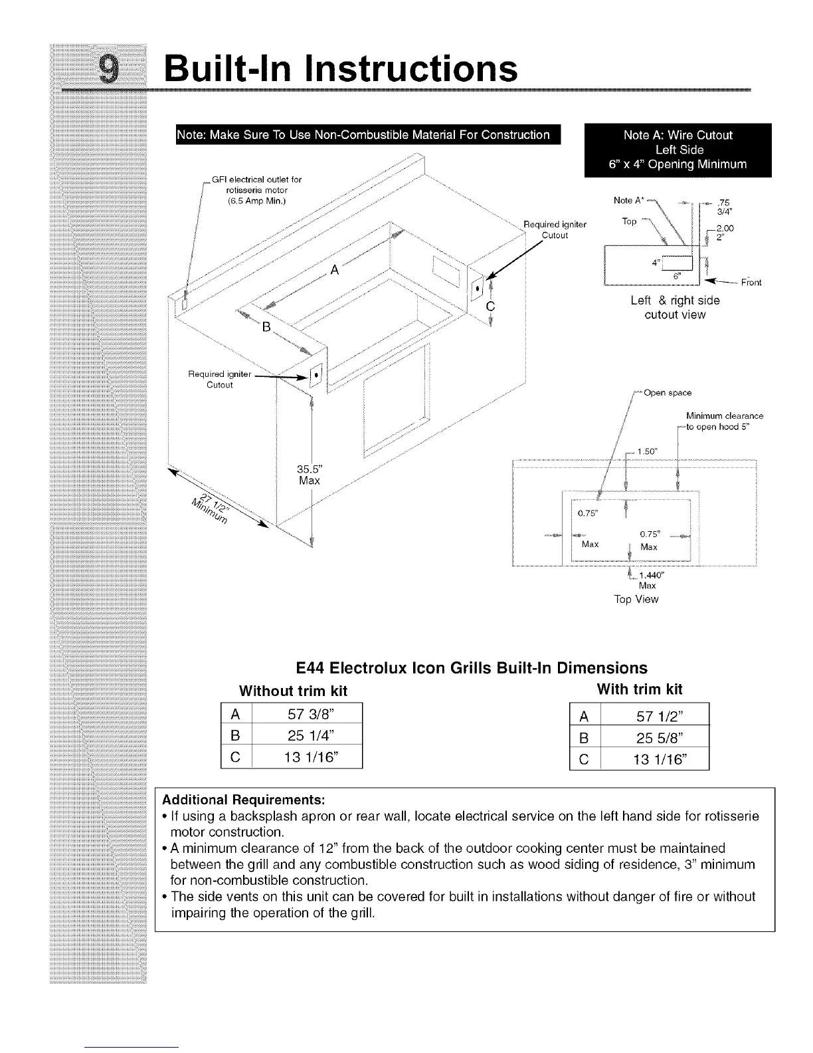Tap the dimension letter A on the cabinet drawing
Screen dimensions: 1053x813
[335, 270]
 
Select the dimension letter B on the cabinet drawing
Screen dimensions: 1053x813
[266, 328]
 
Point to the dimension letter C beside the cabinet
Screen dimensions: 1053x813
[491, 306]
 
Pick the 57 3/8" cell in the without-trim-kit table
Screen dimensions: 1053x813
[306, 715]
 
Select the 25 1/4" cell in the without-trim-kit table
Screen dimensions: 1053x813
[306, 735]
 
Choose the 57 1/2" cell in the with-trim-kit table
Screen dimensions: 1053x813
[655, 716]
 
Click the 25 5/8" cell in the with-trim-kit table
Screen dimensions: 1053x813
[655, 737]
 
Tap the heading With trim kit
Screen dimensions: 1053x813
[640, 689]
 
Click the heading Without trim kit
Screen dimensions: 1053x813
[293, 691]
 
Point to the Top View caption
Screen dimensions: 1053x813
[636, 600]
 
